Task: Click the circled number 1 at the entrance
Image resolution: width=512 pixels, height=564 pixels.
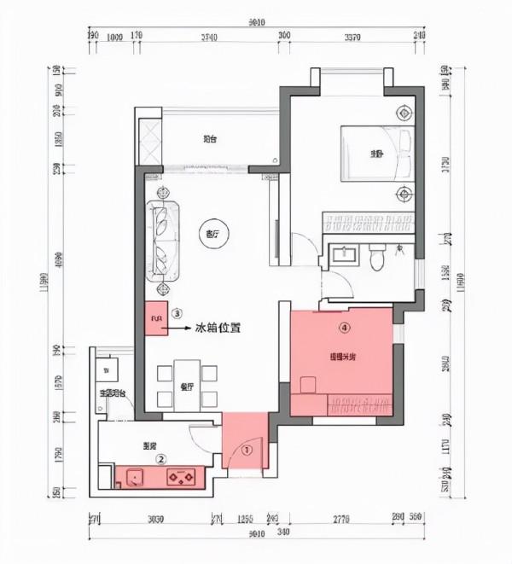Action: point(245,447)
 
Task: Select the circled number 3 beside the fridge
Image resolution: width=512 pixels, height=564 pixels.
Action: point(177,313)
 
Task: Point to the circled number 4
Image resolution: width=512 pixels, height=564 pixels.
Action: point(344,327)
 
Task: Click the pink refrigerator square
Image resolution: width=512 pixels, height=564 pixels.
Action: point(156,320)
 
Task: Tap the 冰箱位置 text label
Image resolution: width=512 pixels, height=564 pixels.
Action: point(218,327)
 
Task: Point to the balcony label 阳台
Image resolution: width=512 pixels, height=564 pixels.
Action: point(209,140)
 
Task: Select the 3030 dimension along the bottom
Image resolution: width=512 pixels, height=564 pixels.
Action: point(155,518)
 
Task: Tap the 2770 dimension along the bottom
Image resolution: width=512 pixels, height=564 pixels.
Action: point(343,518)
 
